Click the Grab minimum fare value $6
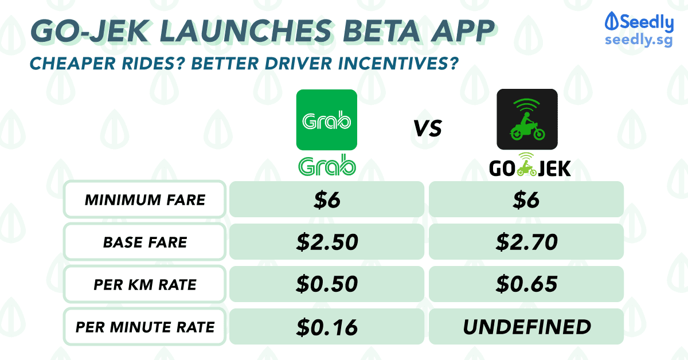(x=327, y=200)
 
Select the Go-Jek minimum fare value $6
(x=526, y=200)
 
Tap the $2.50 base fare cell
(x=327, y=242)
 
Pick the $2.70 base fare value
(x=526, y=242)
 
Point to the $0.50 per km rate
(x=327, y=284)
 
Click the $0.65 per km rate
(x=526, y=284)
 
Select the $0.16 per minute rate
(x=327, y=327)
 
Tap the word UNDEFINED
(x=527, y=327)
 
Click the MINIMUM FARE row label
(x=145, y=200)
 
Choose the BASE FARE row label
(x=145, y=242)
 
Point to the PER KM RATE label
(x=145, y=285)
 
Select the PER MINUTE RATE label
(x=145, y=327)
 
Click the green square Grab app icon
(x=326, y=120)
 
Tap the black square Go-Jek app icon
(x=527, y=119)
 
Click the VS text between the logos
(x=428, y=128)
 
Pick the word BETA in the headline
(x=381, y=31)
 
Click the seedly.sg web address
(x=639, y=40)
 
